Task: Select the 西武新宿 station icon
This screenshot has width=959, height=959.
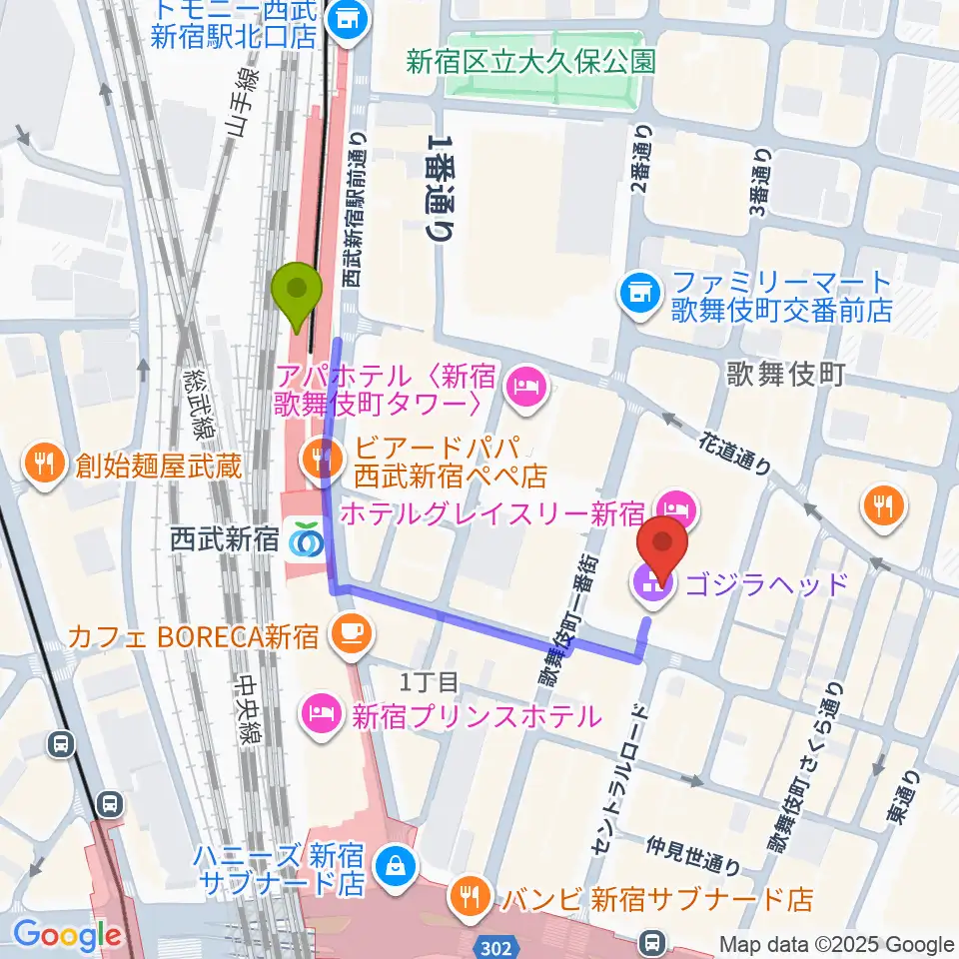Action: [303, 541]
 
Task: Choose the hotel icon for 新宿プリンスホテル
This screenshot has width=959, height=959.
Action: [320, 714]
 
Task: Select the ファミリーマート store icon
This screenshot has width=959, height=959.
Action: [637, 293]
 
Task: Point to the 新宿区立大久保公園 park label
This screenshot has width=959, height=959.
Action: [530, 62]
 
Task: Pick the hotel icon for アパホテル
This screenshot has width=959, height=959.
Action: [525, 385]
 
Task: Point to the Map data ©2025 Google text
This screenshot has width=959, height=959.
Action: [837, 944]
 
